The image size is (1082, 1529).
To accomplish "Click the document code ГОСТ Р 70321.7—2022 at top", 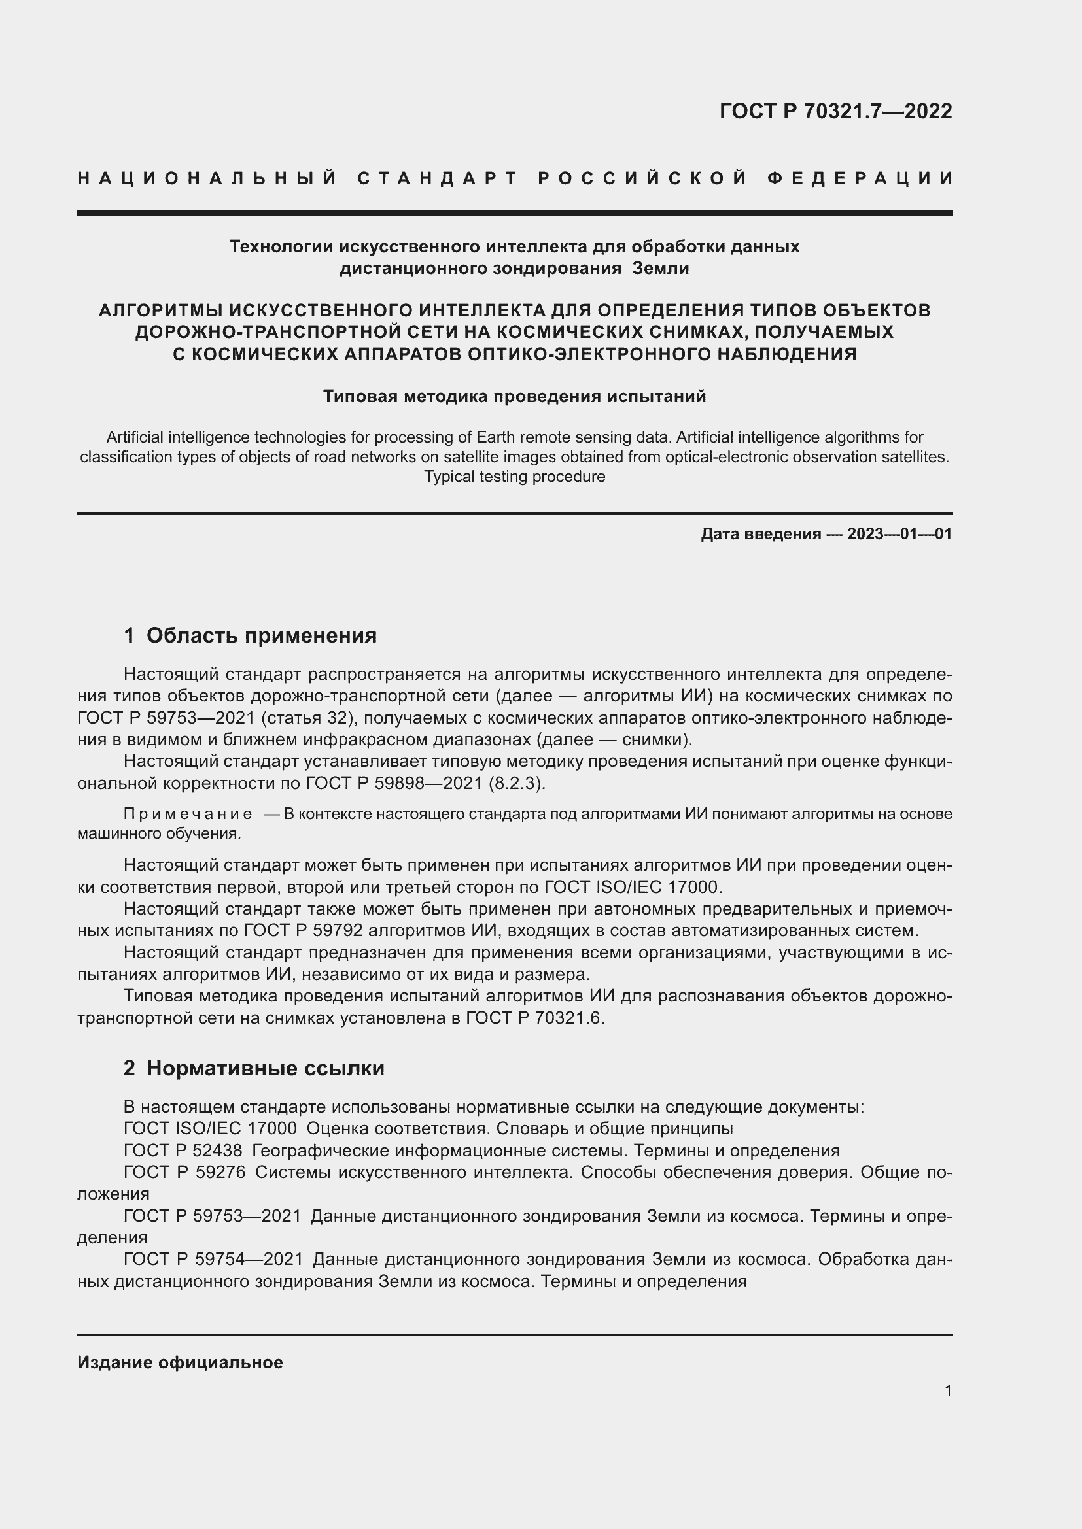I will coord(835,111).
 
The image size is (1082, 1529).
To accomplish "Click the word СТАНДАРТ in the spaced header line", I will coord(438,178).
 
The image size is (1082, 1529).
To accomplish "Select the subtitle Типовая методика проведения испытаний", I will coord(514,396).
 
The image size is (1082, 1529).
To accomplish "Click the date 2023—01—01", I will coord(899,533).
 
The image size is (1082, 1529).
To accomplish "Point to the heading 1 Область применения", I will coord(250,635).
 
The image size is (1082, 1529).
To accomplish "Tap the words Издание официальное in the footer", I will coord(180,1362).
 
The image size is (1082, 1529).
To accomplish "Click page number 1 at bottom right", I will coord(947,1390).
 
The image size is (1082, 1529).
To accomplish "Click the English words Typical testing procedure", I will coord(514,477).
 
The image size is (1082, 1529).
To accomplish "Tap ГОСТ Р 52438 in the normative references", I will coord(183,1151).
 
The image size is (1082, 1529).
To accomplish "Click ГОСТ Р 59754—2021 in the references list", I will coord(213,1259).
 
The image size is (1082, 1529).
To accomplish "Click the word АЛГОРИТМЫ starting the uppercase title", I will coord(160,311).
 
